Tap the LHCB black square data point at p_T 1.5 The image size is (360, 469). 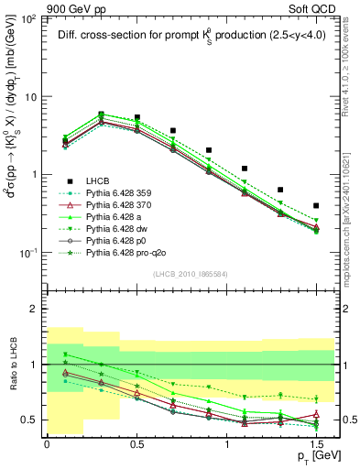tap(316, 206)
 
